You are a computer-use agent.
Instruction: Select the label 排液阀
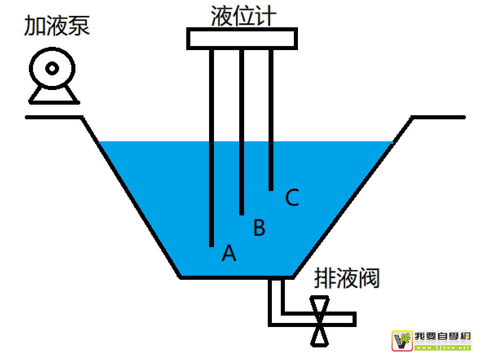(346, 279)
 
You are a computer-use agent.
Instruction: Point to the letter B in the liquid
(259, 228)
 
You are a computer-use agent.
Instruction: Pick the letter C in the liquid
(292, 198)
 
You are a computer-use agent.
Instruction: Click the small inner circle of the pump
(53, 68)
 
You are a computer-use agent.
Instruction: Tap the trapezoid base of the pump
(53, 96)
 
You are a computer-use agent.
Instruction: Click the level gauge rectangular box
(242, 39)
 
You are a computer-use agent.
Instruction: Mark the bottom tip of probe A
(212, 245)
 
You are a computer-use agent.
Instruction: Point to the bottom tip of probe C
(271, 189)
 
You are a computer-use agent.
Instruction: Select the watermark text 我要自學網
(443, 336)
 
